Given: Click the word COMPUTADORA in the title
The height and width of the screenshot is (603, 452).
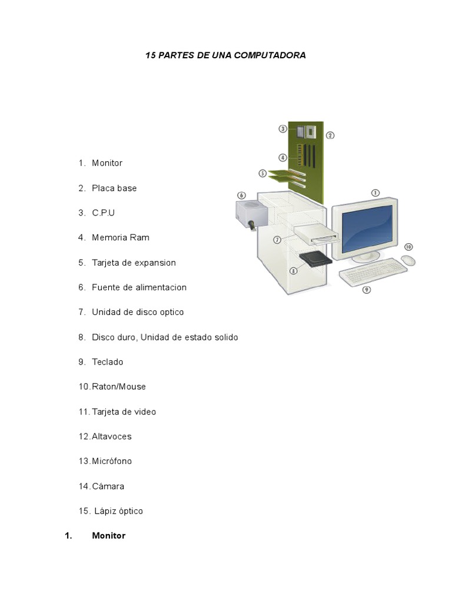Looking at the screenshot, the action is pyautogui.click(x=270, y=55).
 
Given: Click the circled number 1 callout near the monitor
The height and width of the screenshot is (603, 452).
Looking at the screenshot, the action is pyautogui.click(x=375, y=193).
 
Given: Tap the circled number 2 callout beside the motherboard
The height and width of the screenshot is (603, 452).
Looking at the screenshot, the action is pyautogui.click(x=330, y=135).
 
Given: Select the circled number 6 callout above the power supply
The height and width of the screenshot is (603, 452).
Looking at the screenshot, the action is pyautogui.click(x=241, y=196).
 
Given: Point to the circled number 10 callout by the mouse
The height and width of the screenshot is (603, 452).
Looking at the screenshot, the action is pyautogui.click(x=408, y=247).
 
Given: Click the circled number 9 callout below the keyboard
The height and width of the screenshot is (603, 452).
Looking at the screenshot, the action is pyautogui.click(x=367, y=290).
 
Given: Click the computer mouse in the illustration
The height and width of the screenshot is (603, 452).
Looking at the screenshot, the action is pyautogui.click(x=408, y=260).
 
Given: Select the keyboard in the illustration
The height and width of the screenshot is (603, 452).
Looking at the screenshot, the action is pyautogui.click(x=373, y=271).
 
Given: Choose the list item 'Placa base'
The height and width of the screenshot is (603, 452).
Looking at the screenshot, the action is pyautogui.click(x=114, y=188).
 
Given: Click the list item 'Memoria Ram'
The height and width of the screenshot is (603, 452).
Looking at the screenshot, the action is pyautogui.click(x=121, y=238).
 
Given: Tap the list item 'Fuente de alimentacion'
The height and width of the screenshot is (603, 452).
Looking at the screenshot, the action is pyautogui.click(x=139, y=287).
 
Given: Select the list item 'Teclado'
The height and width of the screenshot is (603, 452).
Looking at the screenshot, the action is pyautogui.click(x=108, y=362).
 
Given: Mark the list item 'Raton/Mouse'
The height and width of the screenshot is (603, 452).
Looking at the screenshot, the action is pyautogui.click(x=119, y=386).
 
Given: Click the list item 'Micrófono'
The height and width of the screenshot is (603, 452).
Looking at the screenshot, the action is pyautogui.click(x=112, y=461).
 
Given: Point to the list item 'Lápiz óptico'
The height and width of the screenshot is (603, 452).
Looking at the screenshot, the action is pyautogui.click(x=119, y=511).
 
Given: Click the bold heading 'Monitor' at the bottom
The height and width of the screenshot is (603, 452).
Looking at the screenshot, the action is pyautogui.click(x=109, y=536).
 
